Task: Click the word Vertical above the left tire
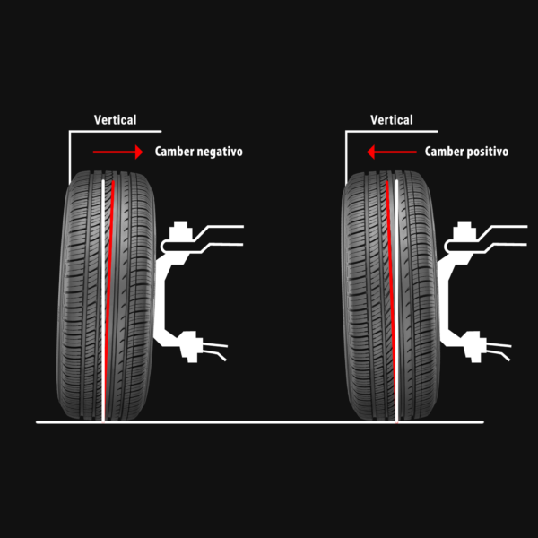pos(116,119)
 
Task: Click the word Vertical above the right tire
pos(392,119)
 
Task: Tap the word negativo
pos(219,152)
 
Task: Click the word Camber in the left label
pos(174,152)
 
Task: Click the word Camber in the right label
pos(445,152)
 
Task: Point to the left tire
pos(81,296)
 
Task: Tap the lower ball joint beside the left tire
pos(189,345)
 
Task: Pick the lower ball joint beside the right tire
pos(474,345)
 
